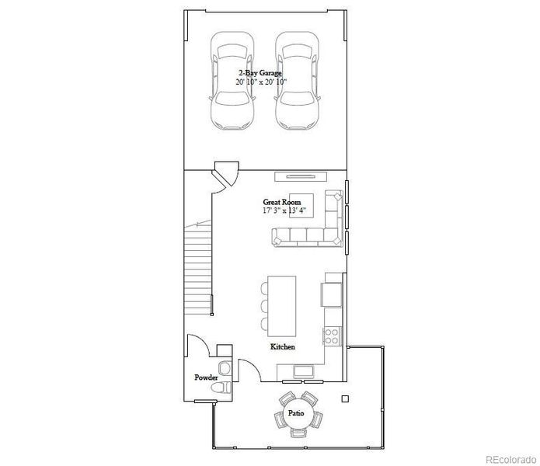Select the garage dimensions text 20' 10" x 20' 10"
pyautogui.click(x=261, y=81)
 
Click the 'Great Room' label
pyautogui.click(x=281, y=201)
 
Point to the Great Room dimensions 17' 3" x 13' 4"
pyautogui.click(x=284, y=210)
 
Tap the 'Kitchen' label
pyautogui.click(x=282, y=346)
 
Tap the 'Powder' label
pyautogui.click(x=206, y=377)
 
